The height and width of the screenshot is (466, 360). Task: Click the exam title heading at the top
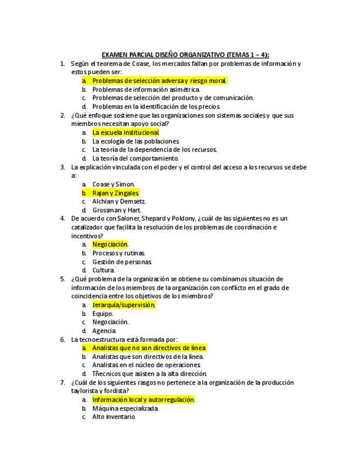pos(185,55)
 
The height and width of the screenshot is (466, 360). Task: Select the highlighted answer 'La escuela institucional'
pos(126,132)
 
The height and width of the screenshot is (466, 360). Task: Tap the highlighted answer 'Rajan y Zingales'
pos(115,193)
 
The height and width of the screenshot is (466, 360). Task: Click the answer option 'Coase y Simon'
pos(113,184)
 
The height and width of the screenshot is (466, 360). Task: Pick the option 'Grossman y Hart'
pos(117,210)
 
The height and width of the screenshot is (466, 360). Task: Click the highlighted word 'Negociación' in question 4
pos(110,244)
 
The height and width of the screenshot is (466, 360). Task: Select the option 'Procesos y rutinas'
pos(119,253)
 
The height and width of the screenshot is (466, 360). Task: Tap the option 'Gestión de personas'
pos(121,262)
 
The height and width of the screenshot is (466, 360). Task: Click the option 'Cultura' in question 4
pos(103,270)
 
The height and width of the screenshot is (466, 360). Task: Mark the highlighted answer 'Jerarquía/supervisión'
pos(124,304)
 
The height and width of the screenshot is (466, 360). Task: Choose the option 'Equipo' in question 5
pos(103,313)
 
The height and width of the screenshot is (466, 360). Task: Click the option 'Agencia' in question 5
pos(104,331)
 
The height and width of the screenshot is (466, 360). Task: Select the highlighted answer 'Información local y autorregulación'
pos(143,400)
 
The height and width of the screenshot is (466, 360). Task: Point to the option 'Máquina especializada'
pos(125,408)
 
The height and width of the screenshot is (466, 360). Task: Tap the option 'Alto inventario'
pos(114,417)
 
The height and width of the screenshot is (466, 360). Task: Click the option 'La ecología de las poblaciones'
pos(136,141)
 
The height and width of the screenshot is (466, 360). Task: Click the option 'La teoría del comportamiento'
pos(135,158)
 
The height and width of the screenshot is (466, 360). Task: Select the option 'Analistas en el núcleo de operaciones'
pos(146,365)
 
